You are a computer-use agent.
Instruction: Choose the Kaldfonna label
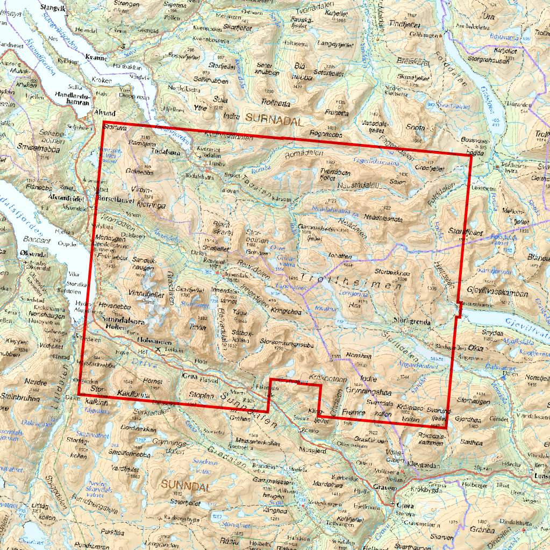click(132, 393)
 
